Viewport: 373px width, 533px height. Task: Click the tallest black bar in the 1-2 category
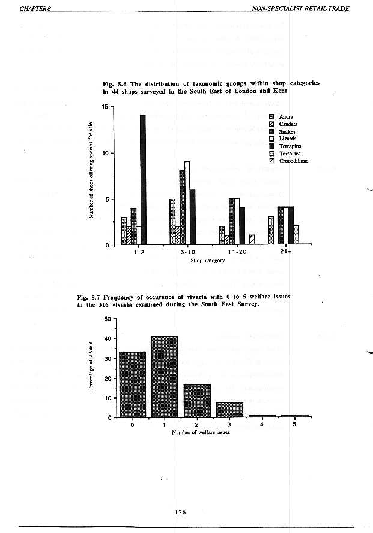coord(143,180)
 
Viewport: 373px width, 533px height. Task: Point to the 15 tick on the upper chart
coord(105,107)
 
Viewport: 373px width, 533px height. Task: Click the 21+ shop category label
coord(285,252)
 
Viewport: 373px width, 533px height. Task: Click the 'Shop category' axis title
coord(207,261)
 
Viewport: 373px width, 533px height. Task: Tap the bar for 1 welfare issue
coord(165,376)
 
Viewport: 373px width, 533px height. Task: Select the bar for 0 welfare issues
coord(133,384)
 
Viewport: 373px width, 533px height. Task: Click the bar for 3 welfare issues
coord(229,409)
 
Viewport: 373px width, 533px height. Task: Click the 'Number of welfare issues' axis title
coord(201,432)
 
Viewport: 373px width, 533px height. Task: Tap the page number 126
coord(181,511)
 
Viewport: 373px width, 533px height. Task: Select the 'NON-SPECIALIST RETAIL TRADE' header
coord(300,8)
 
